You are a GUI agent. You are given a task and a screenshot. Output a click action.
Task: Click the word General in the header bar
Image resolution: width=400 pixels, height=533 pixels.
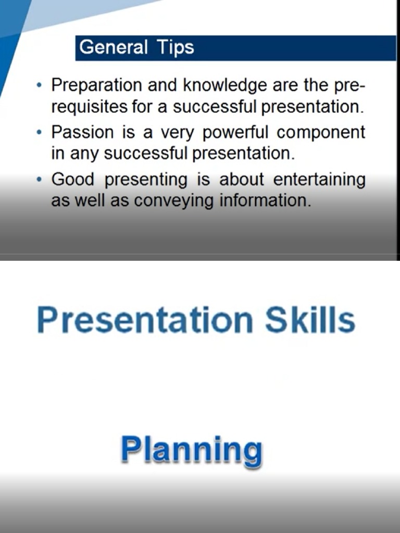click(x=114, y=47)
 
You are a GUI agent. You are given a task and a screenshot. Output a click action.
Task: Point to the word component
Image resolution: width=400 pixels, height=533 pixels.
click(x=321, y=133)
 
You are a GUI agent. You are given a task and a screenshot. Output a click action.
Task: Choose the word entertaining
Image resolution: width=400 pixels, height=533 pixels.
click(x=319, y=180)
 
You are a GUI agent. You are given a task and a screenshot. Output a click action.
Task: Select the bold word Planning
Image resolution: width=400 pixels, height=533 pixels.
click(x=191, y=451)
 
